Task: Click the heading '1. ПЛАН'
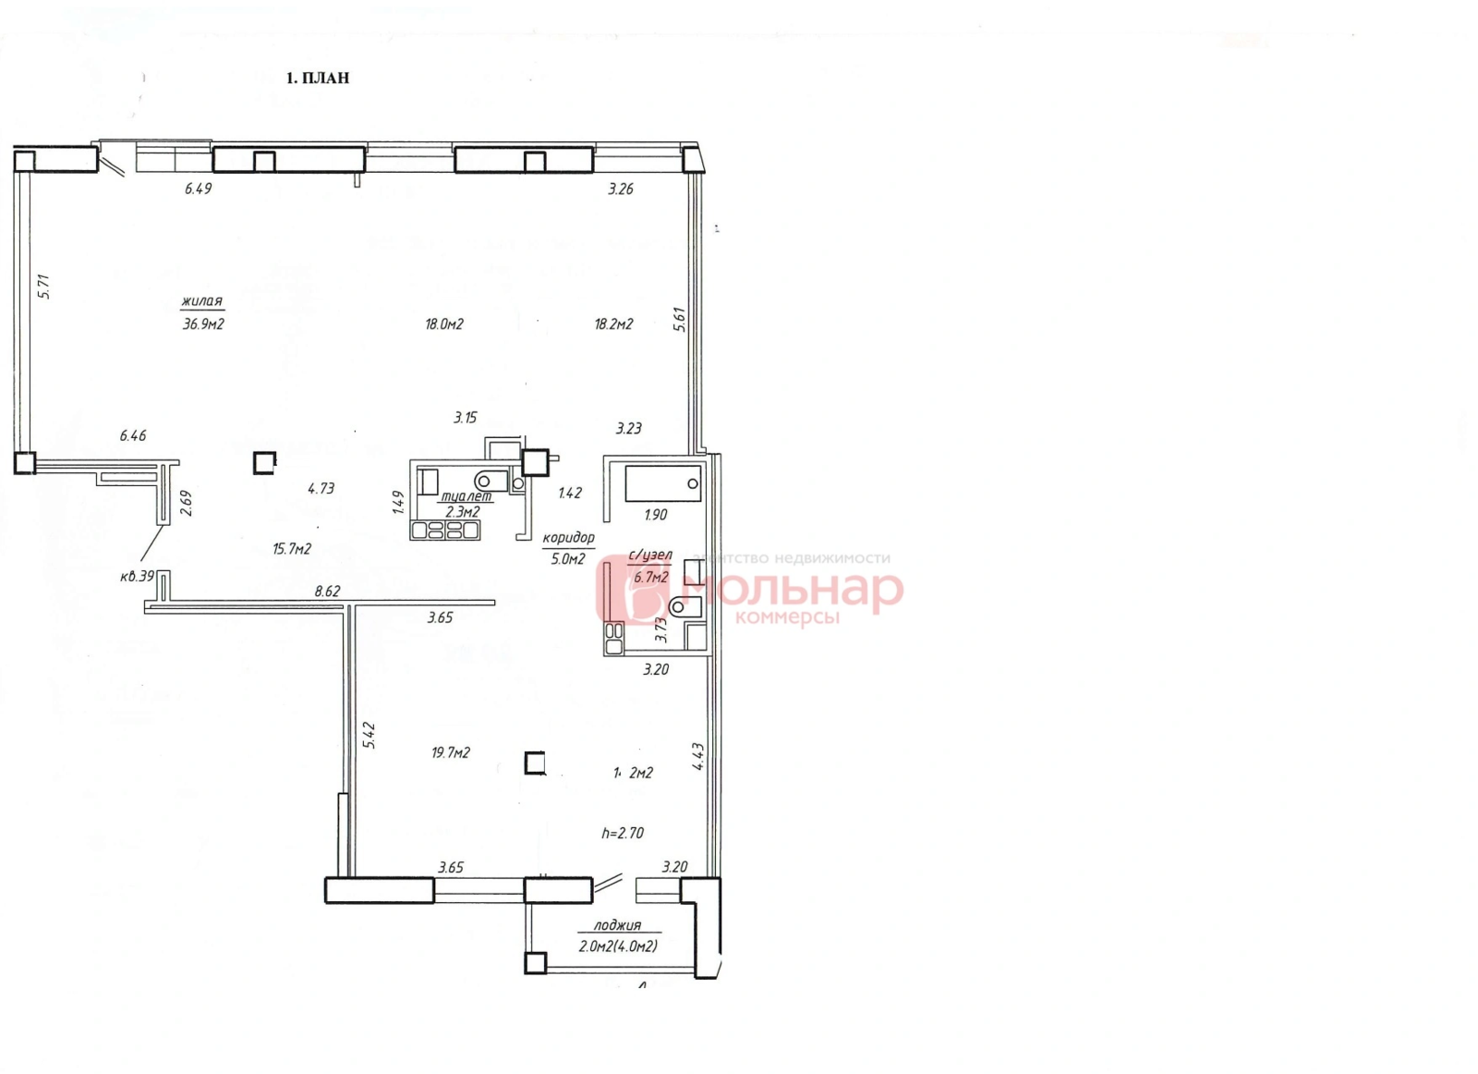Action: (318, 79)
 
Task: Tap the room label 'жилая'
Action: (202, 301)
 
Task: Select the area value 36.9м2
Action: (204, 324)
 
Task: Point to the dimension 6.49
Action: (199, 189)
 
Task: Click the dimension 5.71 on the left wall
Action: (42, 286)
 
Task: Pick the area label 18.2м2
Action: (612, 324)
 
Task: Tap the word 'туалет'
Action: (467, 496)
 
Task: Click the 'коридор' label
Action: (568, 537)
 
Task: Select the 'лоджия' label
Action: (617, 925)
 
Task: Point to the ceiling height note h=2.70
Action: (623, 833)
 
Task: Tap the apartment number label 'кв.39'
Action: (138, 576)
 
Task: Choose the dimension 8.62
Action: (327, 591)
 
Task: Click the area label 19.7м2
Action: (451, 752)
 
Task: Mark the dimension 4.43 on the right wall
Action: (699, 757)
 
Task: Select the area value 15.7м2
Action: (292, 549)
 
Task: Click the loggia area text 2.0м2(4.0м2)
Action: (618, 946)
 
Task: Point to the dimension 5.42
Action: (369, 735)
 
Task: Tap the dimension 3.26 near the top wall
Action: (621, 189)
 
